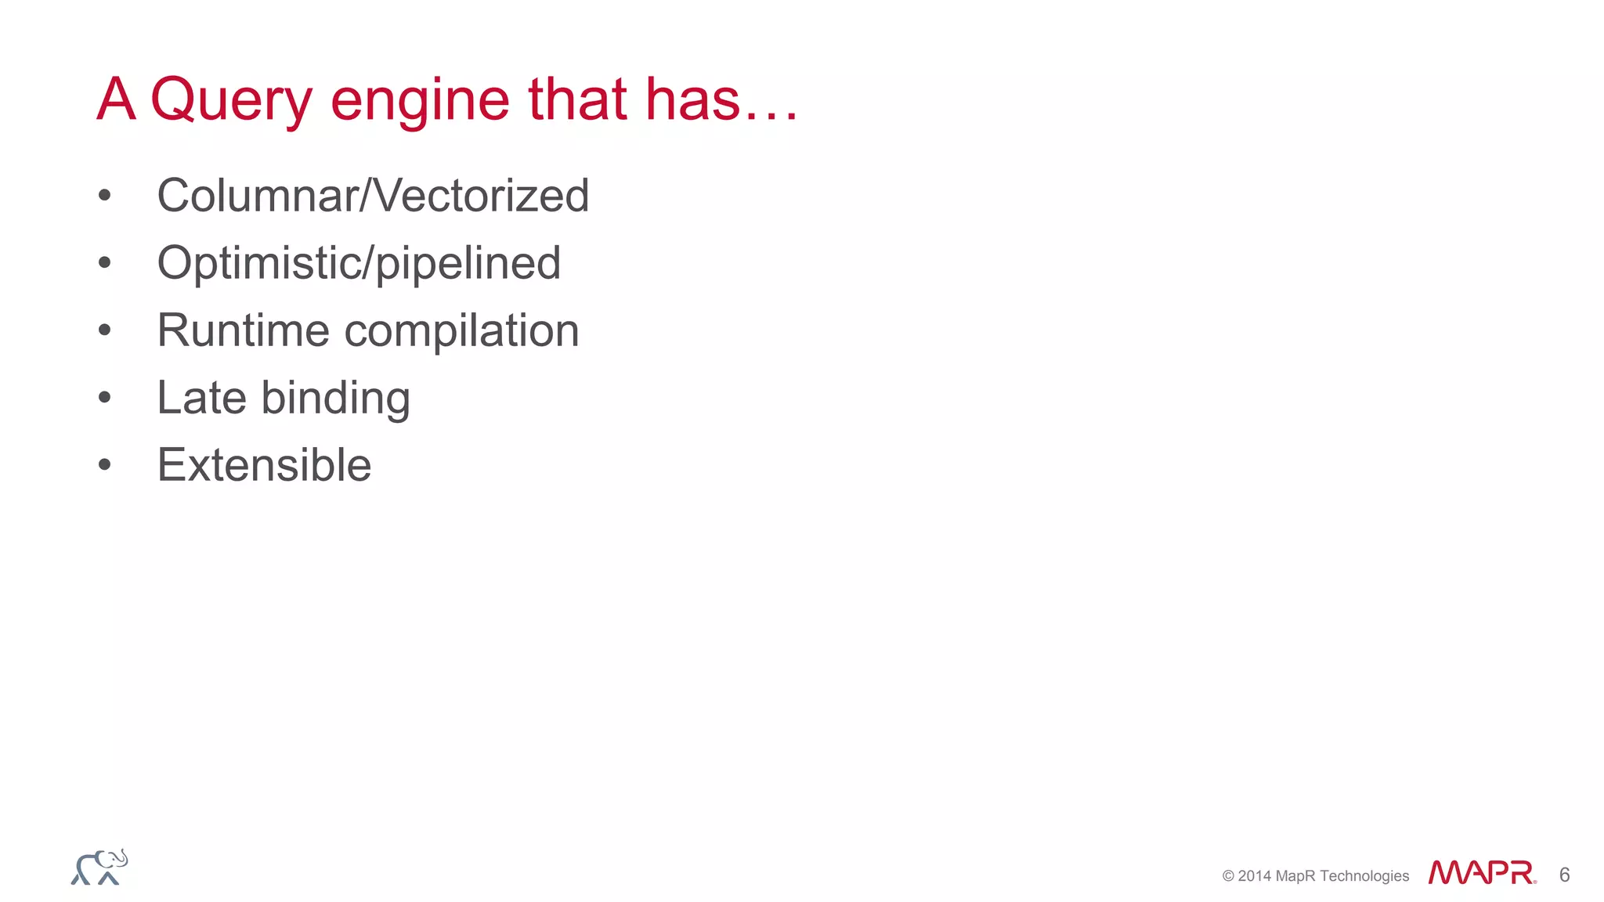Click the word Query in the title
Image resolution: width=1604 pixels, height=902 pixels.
pyautogui.click(x=231, y=100)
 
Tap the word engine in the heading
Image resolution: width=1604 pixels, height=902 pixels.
pyautogui.click(x=420, y=100)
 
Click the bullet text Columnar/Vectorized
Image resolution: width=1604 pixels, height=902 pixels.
pyautogui.click(x=373, y=195)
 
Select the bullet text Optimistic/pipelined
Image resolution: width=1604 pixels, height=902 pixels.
pyautogui.click(x=359, y=262)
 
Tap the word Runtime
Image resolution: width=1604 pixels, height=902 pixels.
pyautogui.click(x=242, y=330)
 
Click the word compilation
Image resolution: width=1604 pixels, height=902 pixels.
pyautogui.click(x=461, y=330)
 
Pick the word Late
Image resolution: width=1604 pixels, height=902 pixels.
pyautogui.click(x=201, y=397)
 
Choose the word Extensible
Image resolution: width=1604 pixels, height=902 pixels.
pyautogui.click(x=264, y=464)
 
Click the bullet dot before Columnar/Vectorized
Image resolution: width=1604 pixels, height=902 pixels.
pyautogui.click(x=105, y=196)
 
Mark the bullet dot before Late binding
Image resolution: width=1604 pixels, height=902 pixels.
pyautogui.click(x=105, y=398)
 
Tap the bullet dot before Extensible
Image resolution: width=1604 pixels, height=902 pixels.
pyautogui.click(x=105, y=465)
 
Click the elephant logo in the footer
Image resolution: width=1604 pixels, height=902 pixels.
pyautogui.click(x=99, y=868)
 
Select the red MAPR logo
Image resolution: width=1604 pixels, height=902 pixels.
pyautogui.click(x=1481, y=872)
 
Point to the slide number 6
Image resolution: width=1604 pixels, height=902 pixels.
pyautogui.click(x=1564, y=875)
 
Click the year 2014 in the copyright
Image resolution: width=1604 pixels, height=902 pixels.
pyautogui.click(x=1255, y=876)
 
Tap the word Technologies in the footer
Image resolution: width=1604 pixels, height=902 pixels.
pyautogui.click(x=1364, y=876)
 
